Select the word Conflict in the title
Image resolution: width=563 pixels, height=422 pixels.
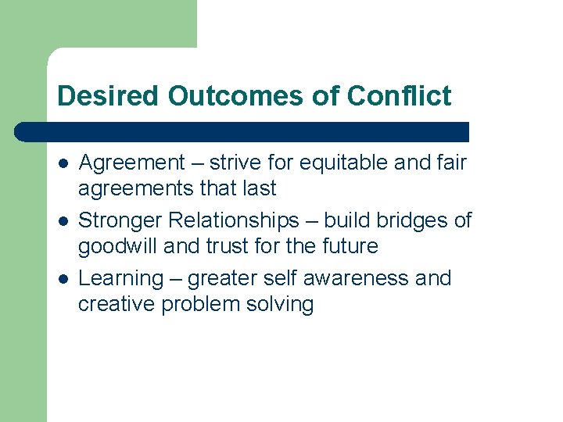[x=399, y=95]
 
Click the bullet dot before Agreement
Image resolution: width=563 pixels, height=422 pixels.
[x=62, y=164]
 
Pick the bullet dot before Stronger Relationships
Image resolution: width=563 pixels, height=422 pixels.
[x=62, y=222]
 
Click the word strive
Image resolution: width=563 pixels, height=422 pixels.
[x=238, y=163]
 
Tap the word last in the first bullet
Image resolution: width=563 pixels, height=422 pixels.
[x=259, y=188]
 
